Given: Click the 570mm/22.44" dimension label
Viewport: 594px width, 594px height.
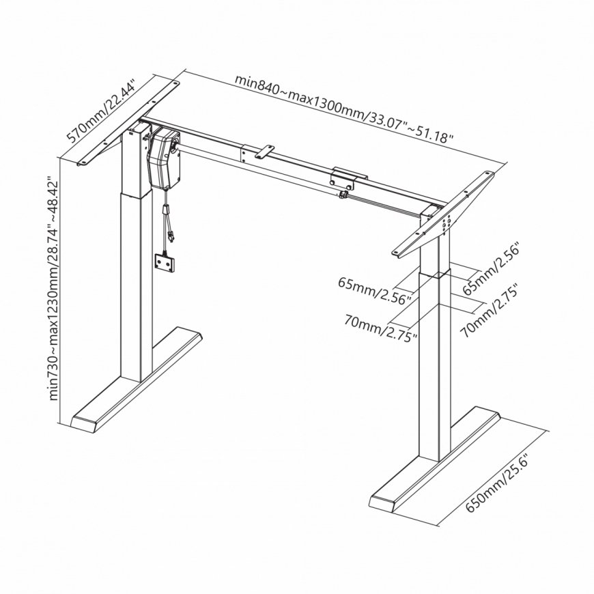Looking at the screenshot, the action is (x=101, y=111).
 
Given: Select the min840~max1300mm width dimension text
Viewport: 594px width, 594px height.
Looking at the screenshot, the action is (x=344, y=108).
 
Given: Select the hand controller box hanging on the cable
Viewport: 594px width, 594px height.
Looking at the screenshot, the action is (x=165, y=262).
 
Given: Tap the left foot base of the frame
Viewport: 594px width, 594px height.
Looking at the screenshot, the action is (x=137, y=380).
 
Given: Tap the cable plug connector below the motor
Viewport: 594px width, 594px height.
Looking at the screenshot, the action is (x=167, y=210).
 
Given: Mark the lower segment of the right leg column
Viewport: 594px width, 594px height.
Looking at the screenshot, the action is (x=434, y=366).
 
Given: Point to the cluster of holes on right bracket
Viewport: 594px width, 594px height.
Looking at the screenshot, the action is (x=446, y=223).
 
